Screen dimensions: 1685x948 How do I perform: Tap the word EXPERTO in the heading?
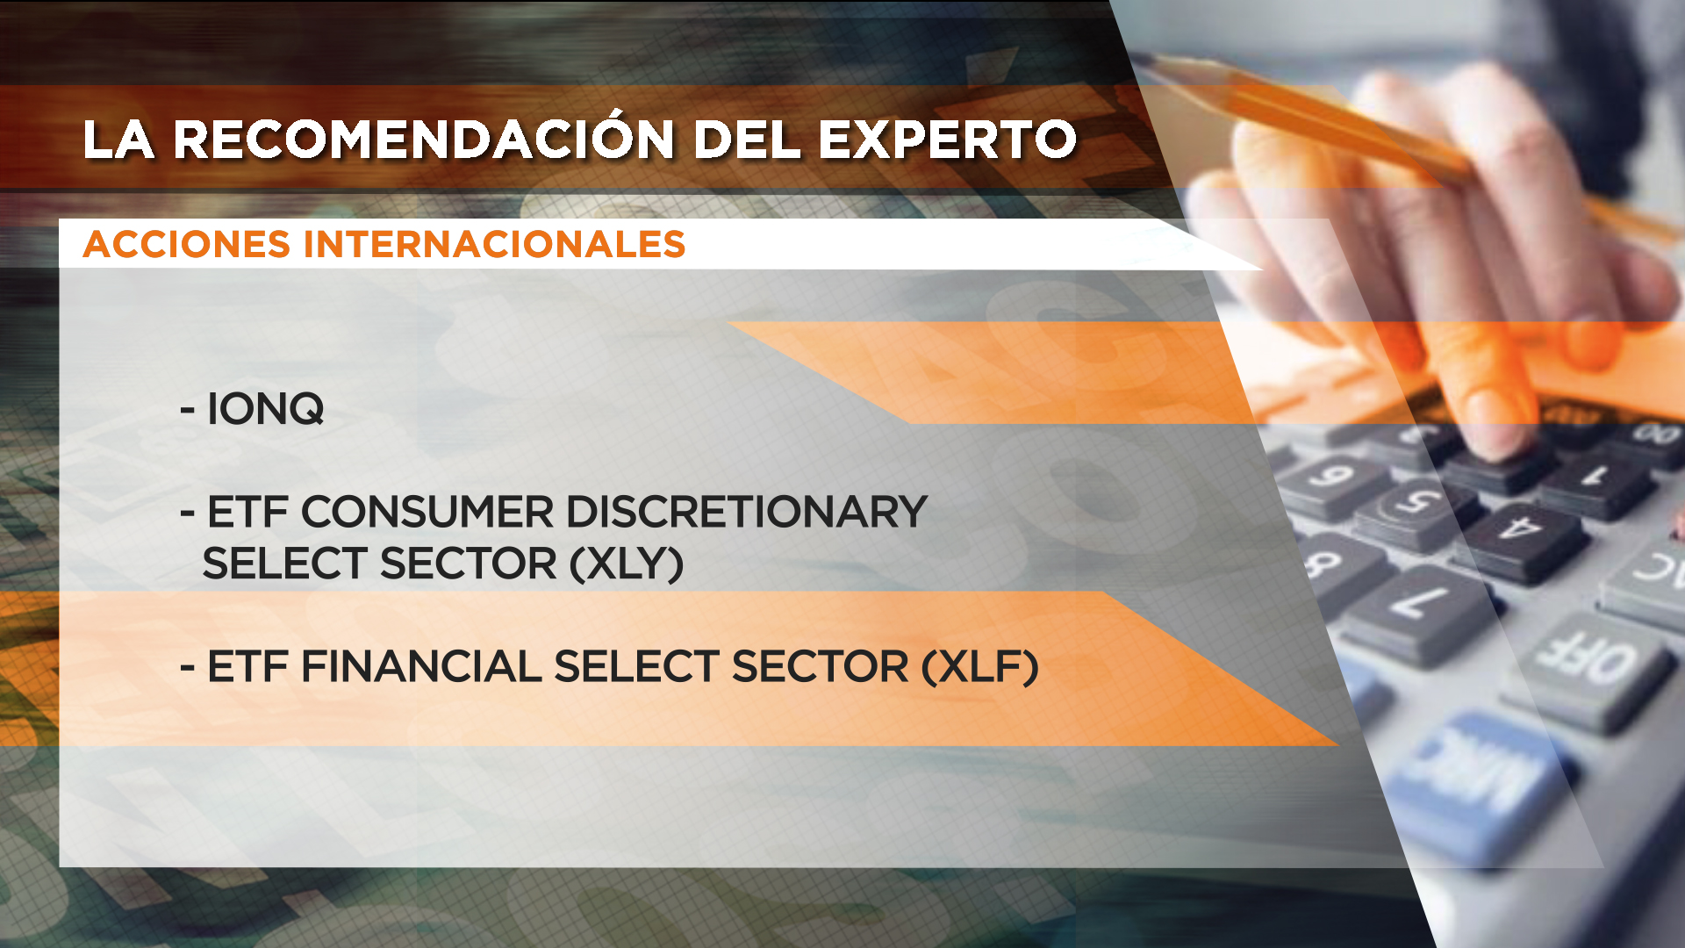point(947,140)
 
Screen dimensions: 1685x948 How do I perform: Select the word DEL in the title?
point(747,140)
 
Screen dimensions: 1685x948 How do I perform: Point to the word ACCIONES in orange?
point(186,244)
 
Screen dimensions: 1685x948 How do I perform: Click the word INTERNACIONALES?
point(494,244)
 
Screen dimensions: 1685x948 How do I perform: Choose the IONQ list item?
point(252,409)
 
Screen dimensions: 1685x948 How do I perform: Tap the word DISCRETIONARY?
point(747,512)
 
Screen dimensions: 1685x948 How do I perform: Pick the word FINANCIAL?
point(421,666)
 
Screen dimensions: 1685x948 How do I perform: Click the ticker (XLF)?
point(980,667)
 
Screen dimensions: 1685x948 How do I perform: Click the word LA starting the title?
point(119,140)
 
